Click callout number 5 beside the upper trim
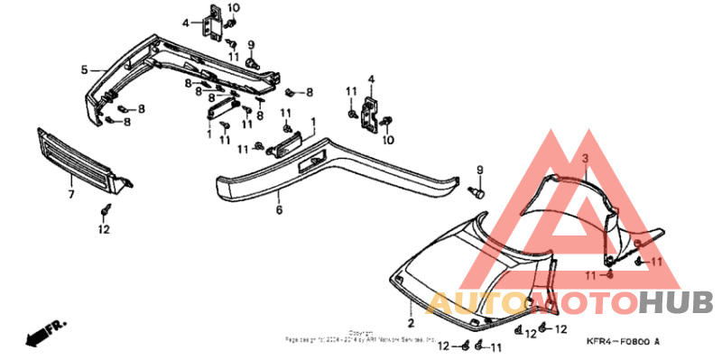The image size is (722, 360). pos(84,69)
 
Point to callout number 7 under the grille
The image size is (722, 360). pos(70,193)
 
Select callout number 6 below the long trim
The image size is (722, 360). pos(280,209)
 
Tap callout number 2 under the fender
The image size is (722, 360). pos(410,321)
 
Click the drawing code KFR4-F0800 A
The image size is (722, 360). pos(621,341)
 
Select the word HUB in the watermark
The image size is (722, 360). pos(676,301)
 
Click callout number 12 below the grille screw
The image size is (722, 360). pos(104,229)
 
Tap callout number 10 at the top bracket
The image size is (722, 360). pos(233,8)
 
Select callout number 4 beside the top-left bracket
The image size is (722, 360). pos(186,23)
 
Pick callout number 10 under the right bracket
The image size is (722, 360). pos(389,140)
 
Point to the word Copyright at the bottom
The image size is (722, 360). pos(362,332)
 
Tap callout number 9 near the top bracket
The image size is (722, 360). pos(251,43)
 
